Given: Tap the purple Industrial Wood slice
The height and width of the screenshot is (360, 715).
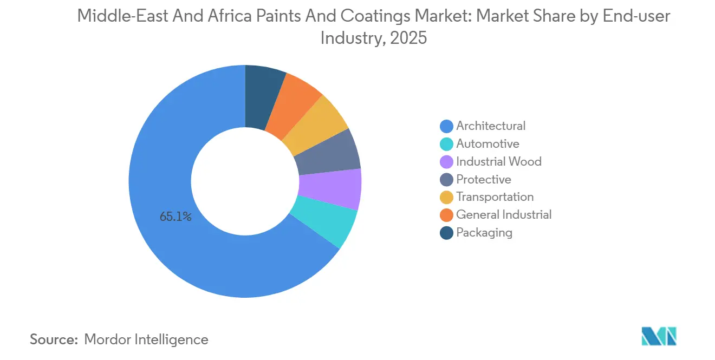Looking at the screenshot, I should [330, 189].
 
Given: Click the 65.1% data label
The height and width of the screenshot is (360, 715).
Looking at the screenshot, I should [175, 217].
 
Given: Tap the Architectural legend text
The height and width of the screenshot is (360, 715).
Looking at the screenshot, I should [491, 126].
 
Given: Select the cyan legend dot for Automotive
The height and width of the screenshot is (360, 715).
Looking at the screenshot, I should [447, 144].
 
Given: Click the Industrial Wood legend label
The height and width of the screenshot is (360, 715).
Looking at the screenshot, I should [499, 162].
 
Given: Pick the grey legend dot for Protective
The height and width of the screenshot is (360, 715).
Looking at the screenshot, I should [447, 180].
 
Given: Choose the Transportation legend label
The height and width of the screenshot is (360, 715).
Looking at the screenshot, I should [495, 197].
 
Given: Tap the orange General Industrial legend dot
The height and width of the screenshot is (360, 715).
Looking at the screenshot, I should [447, 215].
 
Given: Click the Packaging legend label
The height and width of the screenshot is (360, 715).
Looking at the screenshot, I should [484, 233].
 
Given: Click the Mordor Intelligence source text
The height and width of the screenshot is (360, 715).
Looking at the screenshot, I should [146, 339].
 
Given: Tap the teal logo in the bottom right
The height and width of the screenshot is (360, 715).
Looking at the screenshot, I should [659, 337].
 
